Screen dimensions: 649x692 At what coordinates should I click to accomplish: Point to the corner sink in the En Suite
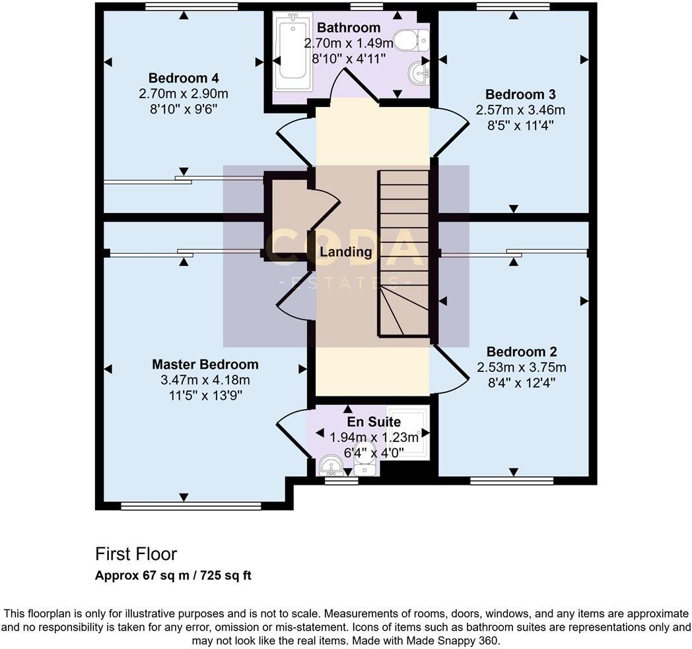[329, 466]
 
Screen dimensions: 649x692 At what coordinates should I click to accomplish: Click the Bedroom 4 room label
[184, 77]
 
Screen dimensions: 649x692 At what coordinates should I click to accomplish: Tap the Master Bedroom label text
[205, 364]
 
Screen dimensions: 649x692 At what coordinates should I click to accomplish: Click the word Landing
[345, 251]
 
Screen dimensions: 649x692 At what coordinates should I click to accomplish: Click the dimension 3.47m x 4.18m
[205, 380]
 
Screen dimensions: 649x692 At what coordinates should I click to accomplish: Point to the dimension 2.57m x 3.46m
[520, 109]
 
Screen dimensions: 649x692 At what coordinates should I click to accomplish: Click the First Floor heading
[136, 553]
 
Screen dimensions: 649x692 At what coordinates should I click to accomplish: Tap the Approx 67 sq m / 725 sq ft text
[173, 575]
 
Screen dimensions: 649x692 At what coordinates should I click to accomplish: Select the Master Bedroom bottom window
[191, 506]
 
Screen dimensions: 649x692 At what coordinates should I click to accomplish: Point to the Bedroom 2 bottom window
[512, 480]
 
